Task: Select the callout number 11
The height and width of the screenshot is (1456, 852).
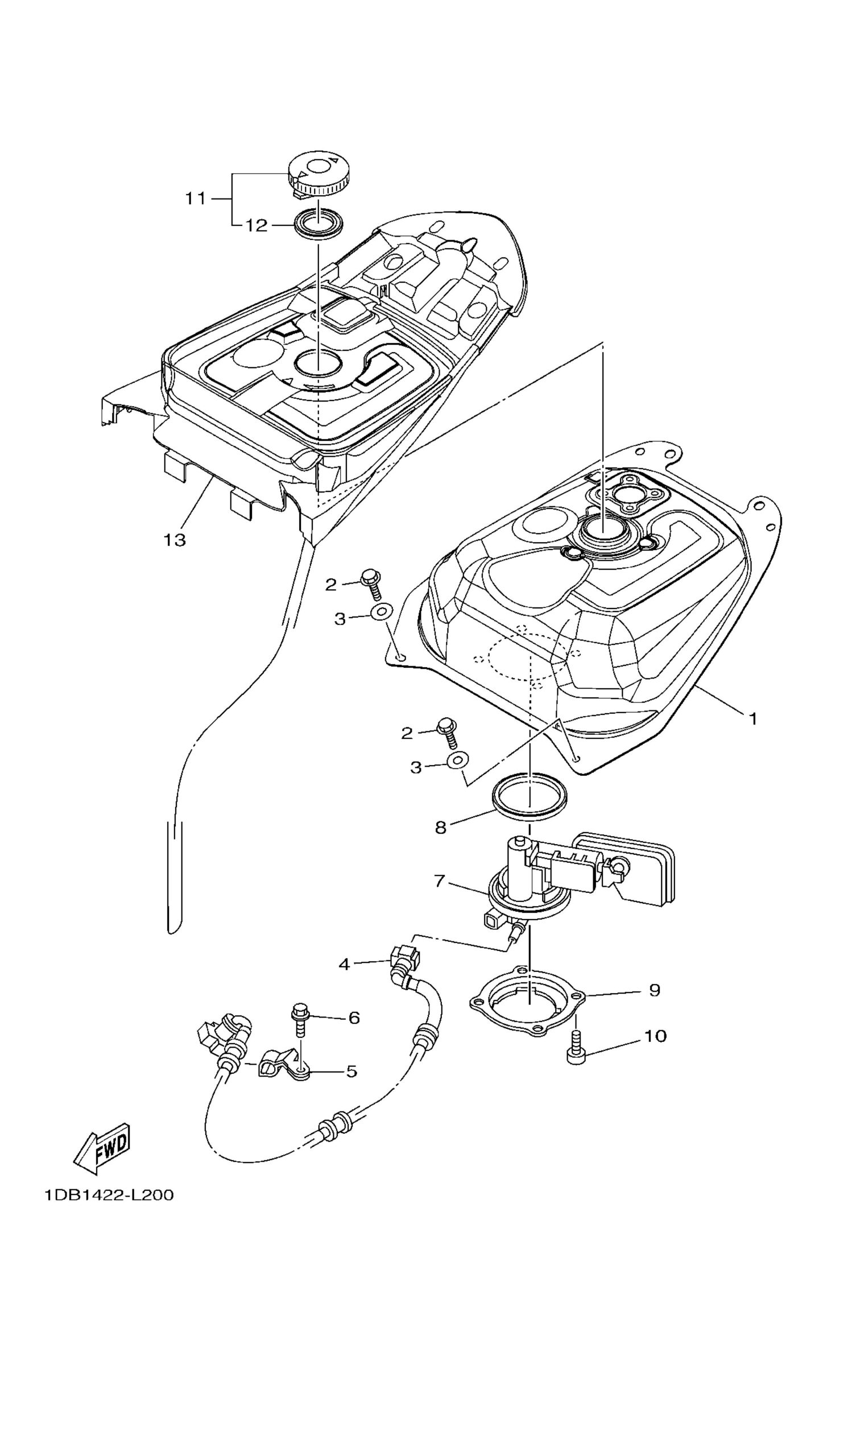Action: pyautogui.click(x=195, y=198)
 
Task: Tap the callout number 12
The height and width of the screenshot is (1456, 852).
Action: pyautogui.click(x=256, y=225)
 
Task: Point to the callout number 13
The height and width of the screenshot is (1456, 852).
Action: pyautogui.click(x=175, y=540)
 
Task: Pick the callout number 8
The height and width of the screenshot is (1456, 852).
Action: pyautogui.click(x=441, y=828)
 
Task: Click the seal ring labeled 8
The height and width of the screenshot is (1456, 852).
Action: pyautogui.click(x=529, y=796)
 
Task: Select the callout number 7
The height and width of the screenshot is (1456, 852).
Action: pyautogui.click(x=440, y=897)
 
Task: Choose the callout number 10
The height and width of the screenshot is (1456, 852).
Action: pyautogui.click(x=655, y=1036)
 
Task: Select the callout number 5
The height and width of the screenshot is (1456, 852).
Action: pyautogui.click(x=351, y=1071)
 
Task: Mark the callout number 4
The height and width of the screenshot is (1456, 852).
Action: pyautogui.click(x=344, y=964)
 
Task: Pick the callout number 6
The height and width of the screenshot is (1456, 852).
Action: pyautogui.click(x=354, y=1017)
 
